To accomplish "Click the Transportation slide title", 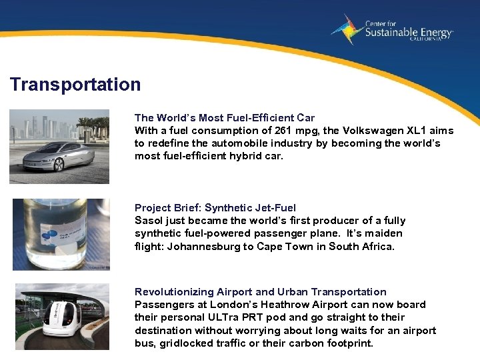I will pyautogui.click(x=75, y=85).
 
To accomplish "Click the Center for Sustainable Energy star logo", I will pyautogui.click(x=347, y=29).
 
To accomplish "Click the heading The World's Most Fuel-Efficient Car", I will pyautogui.click(x=225, y=117).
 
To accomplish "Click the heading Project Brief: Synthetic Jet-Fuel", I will pyautogui.click(x=215, y=207).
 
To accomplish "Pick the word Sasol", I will pyautogui.click(x=149, y=220).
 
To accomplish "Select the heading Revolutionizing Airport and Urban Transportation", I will pyautogui.click(x=260, y=291).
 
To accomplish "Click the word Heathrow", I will pyautogui.click(x=298, y=305).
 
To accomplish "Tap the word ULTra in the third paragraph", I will pyautogui.click(x=221, y=317).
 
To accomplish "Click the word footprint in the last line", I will pyautogui.click(x=350, y=343).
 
